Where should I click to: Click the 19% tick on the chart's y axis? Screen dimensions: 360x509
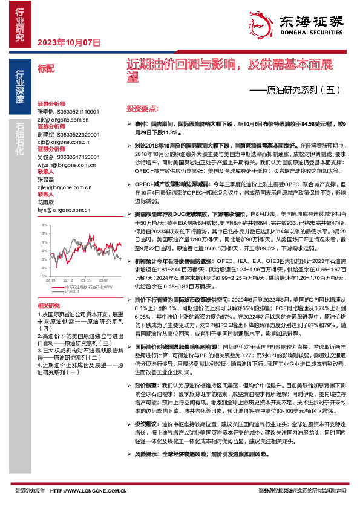pyautogui.click(x=43, y=225)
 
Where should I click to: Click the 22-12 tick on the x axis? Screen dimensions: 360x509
pyautogui.click(x=68, y=280)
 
